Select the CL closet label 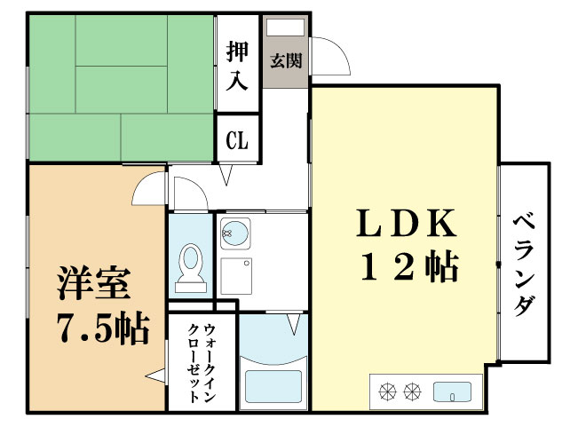pyautogui.click(x=237, y=140)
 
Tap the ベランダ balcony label pyautogui.click(x=524, y=265)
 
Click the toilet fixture pyautogui.click(x=189, y=267)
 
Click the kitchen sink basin pyautogui.click(x=453, y=390)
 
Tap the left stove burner pyautogui.click(x=387, y=390)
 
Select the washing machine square pyautogui.click(x=235, y=276)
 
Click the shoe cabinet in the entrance pyautogui.click(x=287, y=28)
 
